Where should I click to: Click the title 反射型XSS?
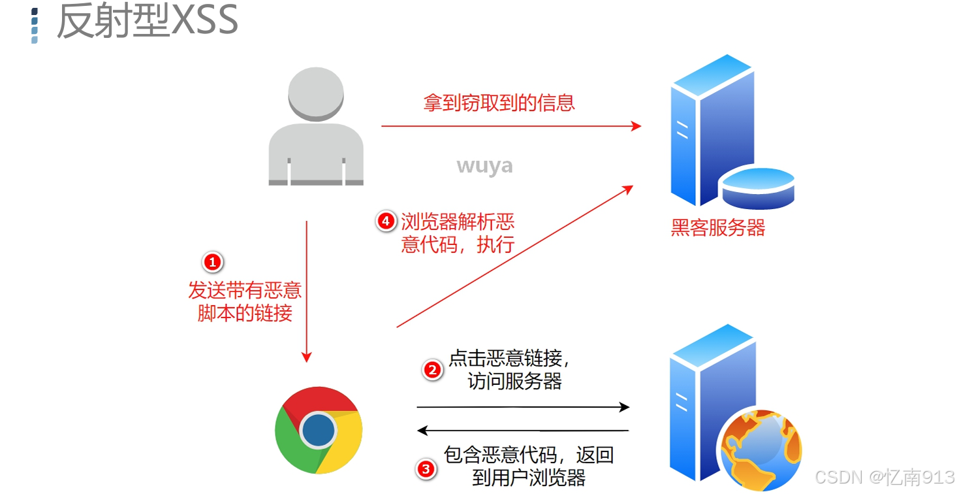[147, 21]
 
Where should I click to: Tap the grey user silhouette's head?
[316, 93]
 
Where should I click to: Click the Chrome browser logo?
[319, 430]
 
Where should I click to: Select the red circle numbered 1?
[213, 263]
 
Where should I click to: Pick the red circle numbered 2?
[432, 370]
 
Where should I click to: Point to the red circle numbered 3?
[426, 469]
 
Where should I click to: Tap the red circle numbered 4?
[386, 222]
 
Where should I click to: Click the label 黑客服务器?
[717, 227]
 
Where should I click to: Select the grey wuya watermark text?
[484, 165]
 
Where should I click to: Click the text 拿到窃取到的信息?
[499, 103]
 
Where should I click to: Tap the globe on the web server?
[760, 450]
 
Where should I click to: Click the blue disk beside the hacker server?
[758, 186]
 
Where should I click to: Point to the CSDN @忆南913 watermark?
[885, 477]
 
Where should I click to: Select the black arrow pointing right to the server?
[522, 407]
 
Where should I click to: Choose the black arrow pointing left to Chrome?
[522, 431]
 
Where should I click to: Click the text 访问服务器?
[514, 382]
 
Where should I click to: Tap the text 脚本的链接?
[245, 313]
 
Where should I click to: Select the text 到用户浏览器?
[528, 478]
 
